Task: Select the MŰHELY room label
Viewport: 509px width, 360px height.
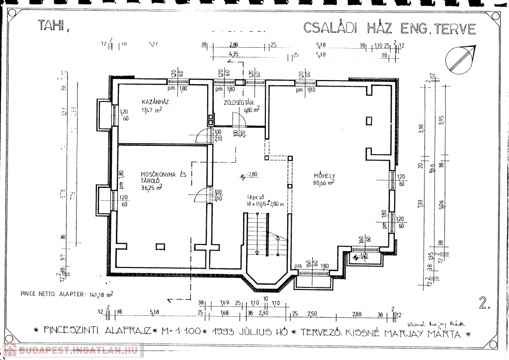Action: pos(324,176)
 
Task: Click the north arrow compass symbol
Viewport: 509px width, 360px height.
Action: pos(460,58)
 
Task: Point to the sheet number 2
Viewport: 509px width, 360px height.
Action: pos(482,303)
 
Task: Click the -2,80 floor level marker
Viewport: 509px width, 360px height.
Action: pos(250,175)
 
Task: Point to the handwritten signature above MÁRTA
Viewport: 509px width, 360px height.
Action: pos(435,323)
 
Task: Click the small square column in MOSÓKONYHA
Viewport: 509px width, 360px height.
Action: pos(160,246)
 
